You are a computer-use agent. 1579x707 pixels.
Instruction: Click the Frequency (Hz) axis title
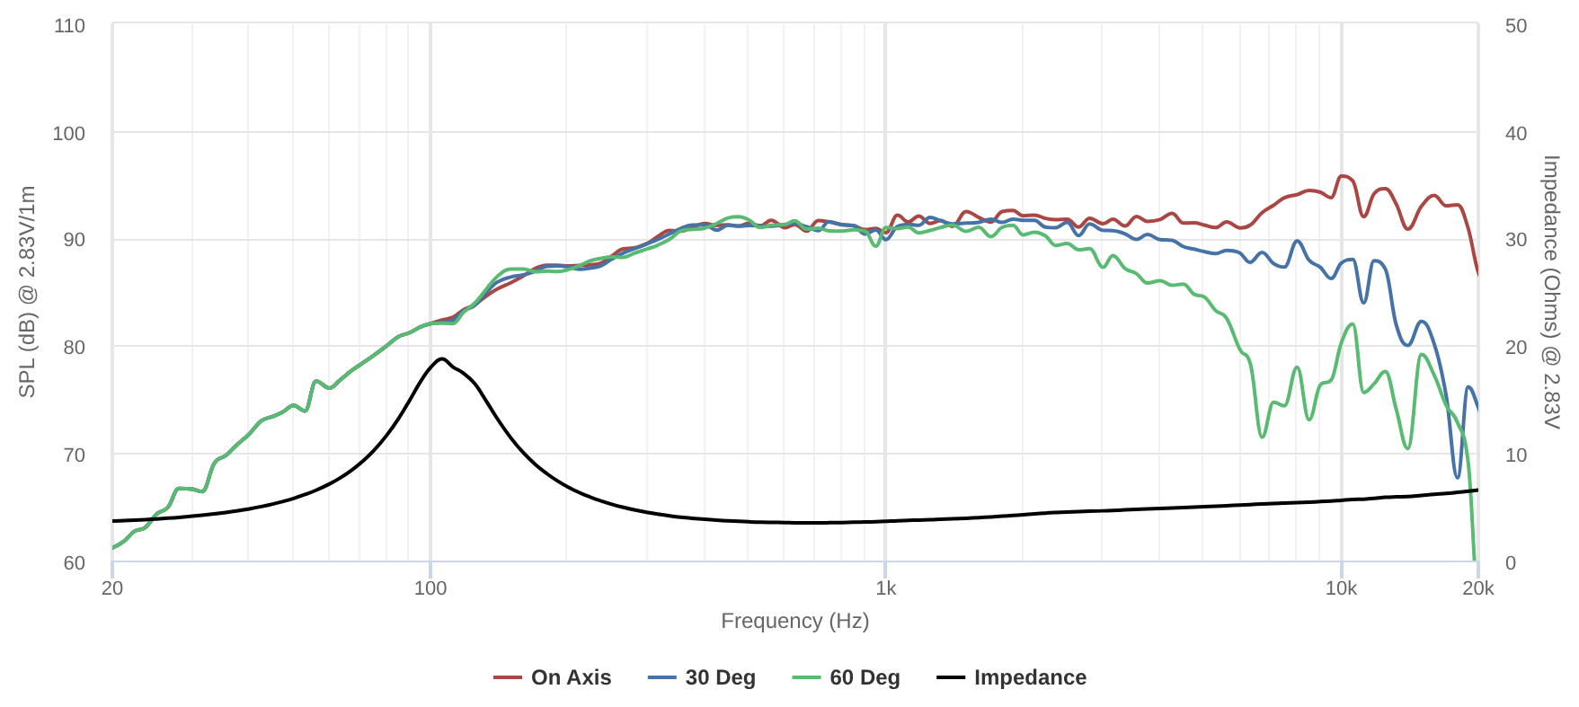point(794,621)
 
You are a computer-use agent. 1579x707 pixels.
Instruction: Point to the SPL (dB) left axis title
point(27,292)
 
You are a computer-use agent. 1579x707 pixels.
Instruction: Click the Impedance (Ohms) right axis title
point(1551,292)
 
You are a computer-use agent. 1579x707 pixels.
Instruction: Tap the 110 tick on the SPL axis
point(69,25)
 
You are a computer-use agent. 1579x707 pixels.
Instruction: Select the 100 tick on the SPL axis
point(69,133)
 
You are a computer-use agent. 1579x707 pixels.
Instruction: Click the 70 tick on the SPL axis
point(74,455)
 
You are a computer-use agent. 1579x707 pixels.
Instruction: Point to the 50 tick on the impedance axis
point(1516,25)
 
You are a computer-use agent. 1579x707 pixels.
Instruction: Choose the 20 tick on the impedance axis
point(1516,347)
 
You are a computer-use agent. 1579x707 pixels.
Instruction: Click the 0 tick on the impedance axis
point(1511,562)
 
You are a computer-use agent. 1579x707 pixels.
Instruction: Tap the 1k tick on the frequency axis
point(885,588)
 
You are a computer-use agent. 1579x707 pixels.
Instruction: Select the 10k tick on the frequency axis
point(1341,588)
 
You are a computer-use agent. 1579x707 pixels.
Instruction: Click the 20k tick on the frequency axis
point(1477,588)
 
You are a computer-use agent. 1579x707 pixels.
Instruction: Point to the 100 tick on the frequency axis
point(430,588)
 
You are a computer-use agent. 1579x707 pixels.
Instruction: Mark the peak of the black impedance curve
point(441,358)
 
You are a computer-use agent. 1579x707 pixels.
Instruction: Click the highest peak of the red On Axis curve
point(1342,176)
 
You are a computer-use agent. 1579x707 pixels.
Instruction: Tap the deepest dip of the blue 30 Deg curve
point(1457,477)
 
